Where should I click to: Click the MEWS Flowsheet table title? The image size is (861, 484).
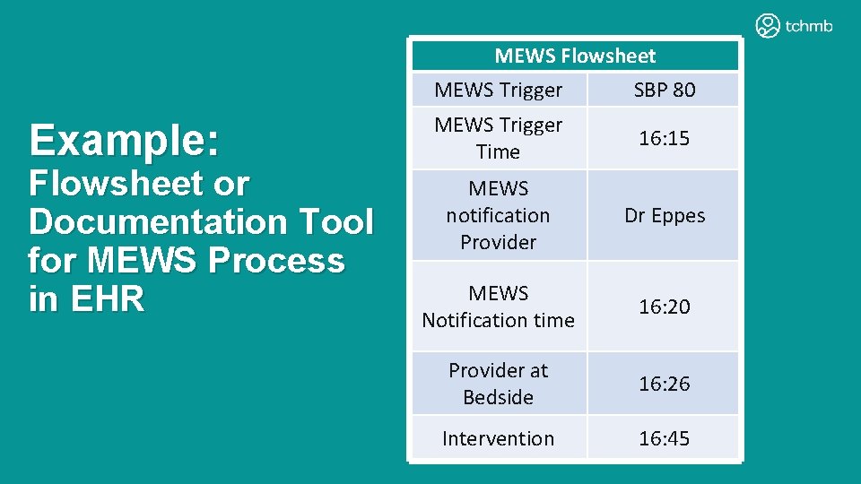pyautogui.click(x=575, y=56)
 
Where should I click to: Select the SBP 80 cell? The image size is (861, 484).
pyautogui.click(x=664, y=90)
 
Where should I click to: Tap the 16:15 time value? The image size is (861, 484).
pyautogui.click(x=664, y=138)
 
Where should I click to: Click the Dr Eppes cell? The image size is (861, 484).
pyautogui.click(x=664, y=216)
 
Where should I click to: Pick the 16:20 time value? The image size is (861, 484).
pyautogui.click(x=664, y=307)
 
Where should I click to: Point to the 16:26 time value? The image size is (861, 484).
pyautogui.click(x=664, y=384)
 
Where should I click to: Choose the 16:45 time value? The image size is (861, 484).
pyautogui.click(x=664, y=438)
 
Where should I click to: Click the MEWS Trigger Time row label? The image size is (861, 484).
pyautogui.click(x=499, y=138)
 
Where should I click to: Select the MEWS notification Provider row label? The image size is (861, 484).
pyautogui.click(x=499, y=215)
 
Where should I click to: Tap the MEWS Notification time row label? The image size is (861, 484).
pyautogui.click(x=499, y=307)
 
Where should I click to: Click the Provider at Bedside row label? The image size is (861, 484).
pyautogui.click(x=499, y=384)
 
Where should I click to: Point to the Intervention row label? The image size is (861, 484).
pyautogui.click(x=499, y=438)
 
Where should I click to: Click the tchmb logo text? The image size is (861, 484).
pyautogui.click(x=808, y=26)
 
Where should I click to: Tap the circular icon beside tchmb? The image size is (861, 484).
pyautogui.click(x=768, y=26)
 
